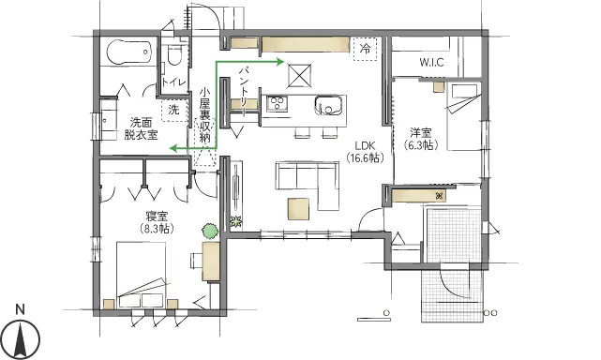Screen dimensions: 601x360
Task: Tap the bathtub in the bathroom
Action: pyautogui.click(x=129, y=52)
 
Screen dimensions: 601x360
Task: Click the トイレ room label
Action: pyautogui.click(x=173, y=82)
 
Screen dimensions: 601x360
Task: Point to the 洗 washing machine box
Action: pyautogui.click(x=173, y=111)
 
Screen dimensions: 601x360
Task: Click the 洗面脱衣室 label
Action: pyautogui.click(x=141, y=128)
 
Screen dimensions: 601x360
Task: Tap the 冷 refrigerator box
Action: pyautogui.click(x=366, y=49)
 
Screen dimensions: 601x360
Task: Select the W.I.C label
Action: pyautogui.click(x=431, y=62)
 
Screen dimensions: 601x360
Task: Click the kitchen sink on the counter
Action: pyautogui.click(x=328, y=105)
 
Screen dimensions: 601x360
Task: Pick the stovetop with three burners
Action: pyautogui.click(x=278, y=103)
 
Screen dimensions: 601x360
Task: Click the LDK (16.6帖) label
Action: pyautogui.click(x=365, y=152)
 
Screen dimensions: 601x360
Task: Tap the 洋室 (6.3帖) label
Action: pyautogui.click(x=420, y=139)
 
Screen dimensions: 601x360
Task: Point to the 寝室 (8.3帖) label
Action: pyautogui.click(x=157, y=222)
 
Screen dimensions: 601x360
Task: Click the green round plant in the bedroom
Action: pyautogui.click(x=210, y=232)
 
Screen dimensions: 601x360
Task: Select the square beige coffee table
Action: pyautogui.click(x=298, y=209)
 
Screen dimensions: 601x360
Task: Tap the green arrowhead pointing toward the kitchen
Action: pyautogui.click(x=279, y=62)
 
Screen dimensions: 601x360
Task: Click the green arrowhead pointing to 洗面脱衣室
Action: pyautogui.click(x=174, y=147)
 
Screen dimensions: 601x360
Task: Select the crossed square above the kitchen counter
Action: pyautogui.click(x=299, y=76)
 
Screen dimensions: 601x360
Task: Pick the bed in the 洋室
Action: pyautogui.click(x=464, y=116)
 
